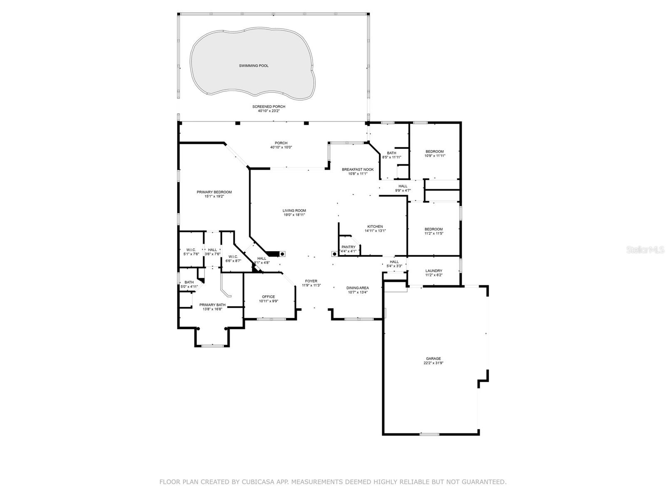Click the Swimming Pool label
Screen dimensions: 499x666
(253, 66)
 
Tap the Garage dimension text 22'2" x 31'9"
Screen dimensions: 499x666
(433, 363)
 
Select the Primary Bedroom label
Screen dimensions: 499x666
(214, 192)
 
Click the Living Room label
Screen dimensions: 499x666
(294, 211)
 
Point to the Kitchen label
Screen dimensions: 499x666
(375, 227)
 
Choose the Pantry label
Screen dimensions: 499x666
(348, 247)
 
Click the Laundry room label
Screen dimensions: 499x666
(434, 271)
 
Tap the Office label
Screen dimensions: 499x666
(268, 297)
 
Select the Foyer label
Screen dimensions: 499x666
(311, 281)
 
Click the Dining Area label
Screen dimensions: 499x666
(358, 288)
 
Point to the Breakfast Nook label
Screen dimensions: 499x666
(358, 169)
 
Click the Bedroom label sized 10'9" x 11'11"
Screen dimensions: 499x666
(434, 151)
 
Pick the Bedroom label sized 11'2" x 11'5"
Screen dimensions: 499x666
(433, 229)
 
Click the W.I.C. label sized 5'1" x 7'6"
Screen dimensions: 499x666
(191, 250)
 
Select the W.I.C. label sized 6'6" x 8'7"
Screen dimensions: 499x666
(233, 257)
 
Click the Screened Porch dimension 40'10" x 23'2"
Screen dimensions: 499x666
(268, 111)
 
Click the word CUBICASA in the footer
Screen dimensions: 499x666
(257, 482)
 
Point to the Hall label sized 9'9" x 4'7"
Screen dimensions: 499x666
(403, 186)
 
